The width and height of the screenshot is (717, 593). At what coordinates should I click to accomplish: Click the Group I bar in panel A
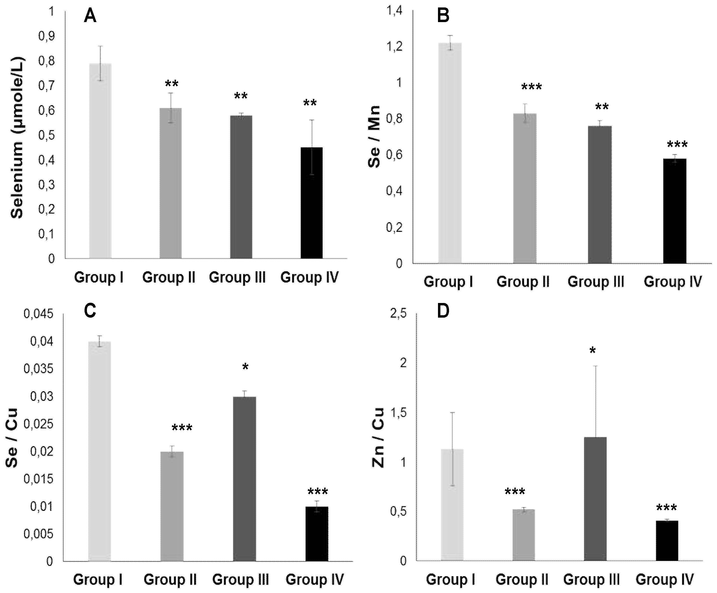click(100, 160)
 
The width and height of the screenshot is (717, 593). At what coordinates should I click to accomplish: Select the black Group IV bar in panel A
click(311, 203)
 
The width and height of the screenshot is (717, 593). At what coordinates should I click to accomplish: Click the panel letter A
click(90, 16)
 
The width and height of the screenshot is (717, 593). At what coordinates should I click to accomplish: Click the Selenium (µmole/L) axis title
click(17, 138)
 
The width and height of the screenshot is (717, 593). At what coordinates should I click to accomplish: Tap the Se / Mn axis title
click(375, 137)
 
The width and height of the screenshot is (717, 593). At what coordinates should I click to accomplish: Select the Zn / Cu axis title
click(378, 438)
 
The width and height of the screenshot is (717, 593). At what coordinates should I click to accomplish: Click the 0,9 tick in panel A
click(46, 36)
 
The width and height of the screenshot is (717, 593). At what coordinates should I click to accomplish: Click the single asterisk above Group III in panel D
click(592, 351)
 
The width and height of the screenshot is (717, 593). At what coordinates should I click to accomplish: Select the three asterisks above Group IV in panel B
click(677, 145)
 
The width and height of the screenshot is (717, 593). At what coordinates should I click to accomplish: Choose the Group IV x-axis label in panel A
click(309, 277)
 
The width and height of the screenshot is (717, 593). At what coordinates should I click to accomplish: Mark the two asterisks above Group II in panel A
click(171, 84)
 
